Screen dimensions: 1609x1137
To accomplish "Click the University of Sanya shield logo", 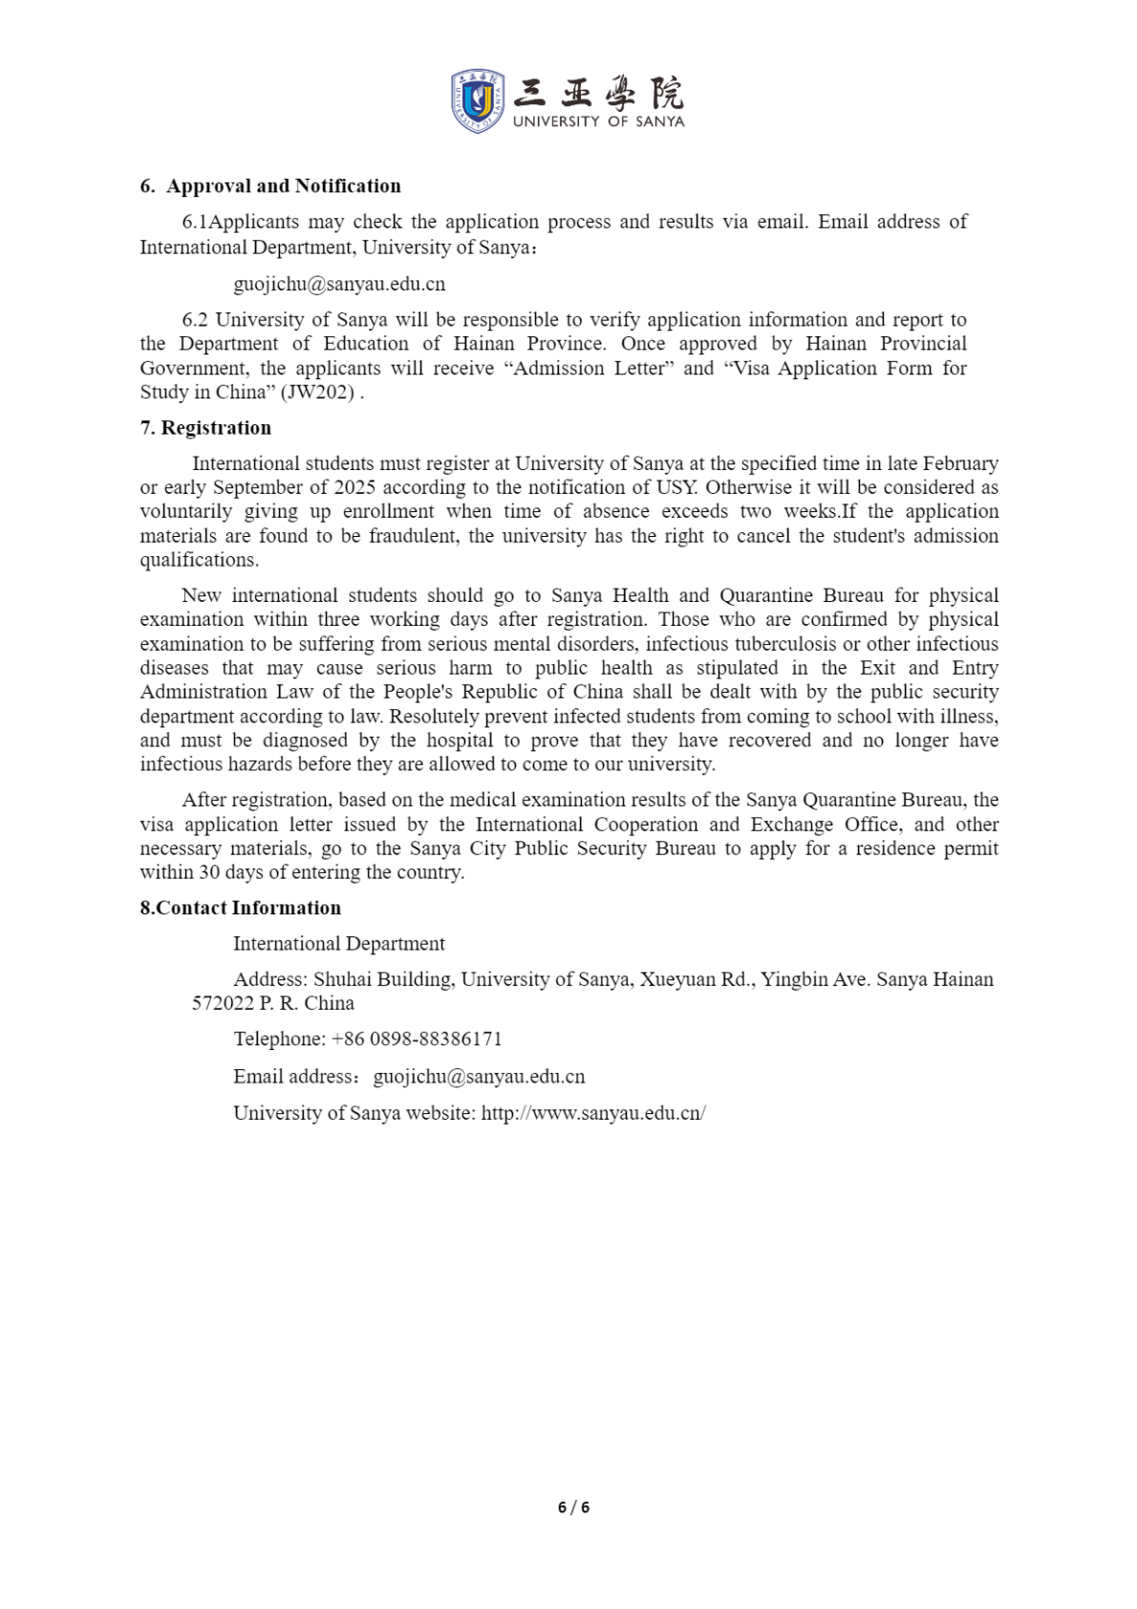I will (477, 100).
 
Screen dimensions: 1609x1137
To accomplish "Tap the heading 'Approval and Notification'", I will (284, 186).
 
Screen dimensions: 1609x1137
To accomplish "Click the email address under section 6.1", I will (339, 285).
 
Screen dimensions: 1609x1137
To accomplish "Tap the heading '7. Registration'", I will (205, 428).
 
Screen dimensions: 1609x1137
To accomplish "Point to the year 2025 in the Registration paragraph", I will (354, 487).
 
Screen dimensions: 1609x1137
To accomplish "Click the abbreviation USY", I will (676, 487).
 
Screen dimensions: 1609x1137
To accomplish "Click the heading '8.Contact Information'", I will (240, 909).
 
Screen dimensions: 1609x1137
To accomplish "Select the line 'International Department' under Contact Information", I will (339, 944).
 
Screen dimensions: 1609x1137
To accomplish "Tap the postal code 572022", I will (223, 1003).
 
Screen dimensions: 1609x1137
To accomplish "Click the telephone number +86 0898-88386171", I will (416, 1040).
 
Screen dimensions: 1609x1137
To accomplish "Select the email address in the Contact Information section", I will (479, 1077).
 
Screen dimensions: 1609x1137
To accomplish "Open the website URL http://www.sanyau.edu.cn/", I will (593, 1113).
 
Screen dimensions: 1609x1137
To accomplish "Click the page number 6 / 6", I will (573, 1508).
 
